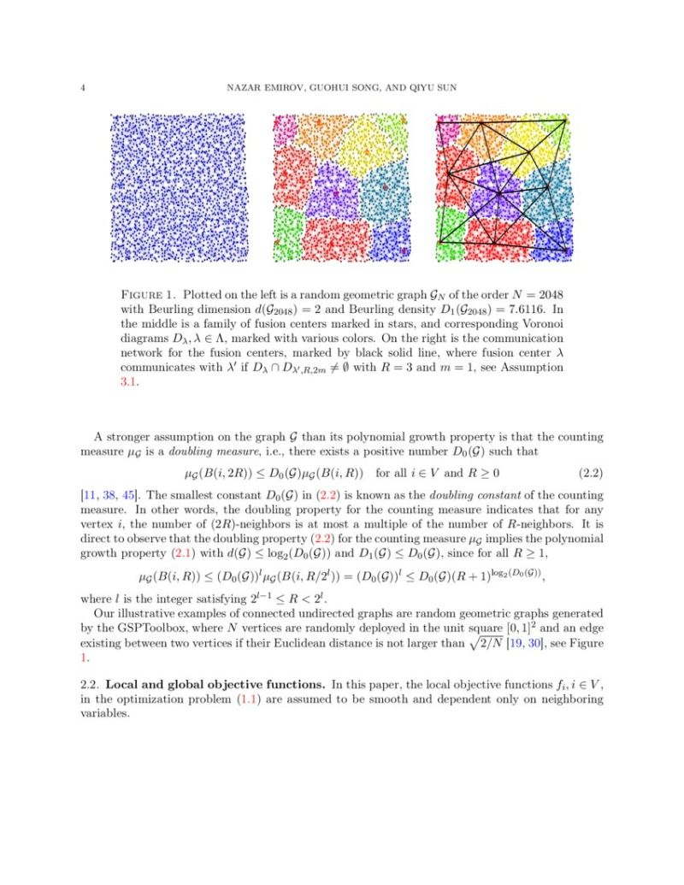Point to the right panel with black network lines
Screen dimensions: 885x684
click(x=504, y=187)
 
